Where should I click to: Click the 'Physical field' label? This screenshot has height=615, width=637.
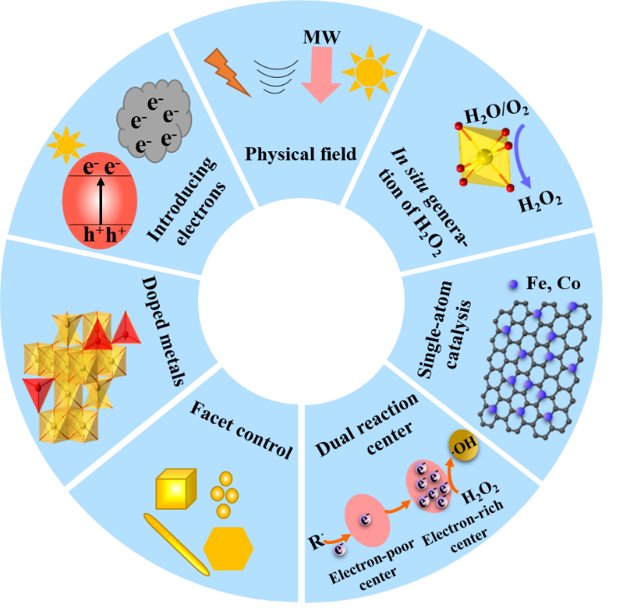[289, 154]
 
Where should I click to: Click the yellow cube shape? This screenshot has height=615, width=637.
[176, 490]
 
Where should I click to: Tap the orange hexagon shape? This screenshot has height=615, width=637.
[228, 550]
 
